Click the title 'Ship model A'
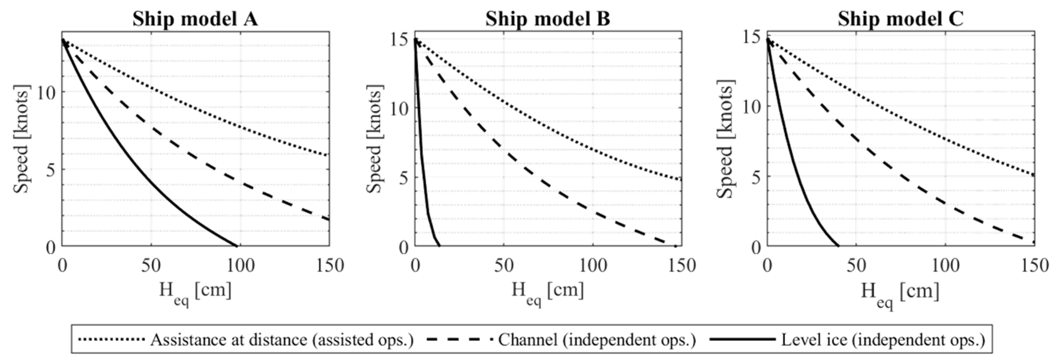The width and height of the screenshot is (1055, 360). click(195, 19)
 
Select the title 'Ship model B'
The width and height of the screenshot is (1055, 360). click(547, 19)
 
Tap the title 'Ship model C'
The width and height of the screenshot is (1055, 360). click(900, 19)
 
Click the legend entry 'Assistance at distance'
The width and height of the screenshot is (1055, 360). click(282, 340)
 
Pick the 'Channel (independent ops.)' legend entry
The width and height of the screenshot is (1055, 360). click(597, 340)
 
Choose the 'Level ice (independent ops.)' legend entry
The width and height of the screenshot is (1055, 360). click(883, 340)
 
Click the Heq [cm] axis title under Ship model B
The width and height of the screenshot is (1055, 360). click(547, 291)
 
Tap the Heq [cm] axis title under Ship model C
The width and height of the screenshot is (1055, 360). click(900, 291)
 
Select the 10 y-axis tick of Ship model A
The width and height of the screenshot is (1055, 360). click(46, 93)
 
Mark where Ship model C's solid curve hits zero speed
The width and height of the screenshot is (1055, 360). click(838, 246)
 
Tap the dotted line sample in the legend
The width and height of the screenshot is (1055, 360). click(111, 340)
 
